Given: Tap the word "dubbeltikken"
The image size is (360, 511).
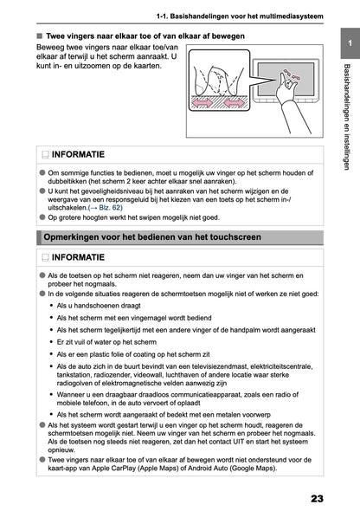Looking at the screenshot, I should (x=73, y=184).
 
